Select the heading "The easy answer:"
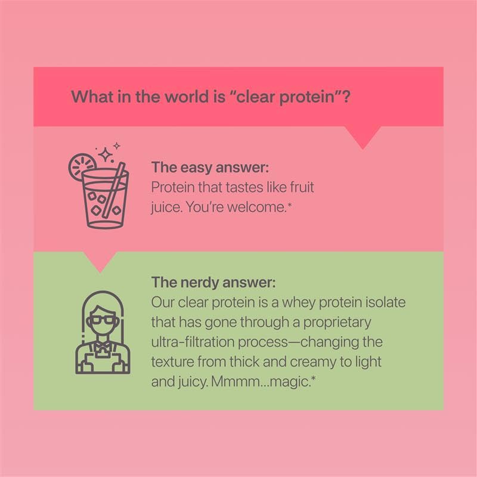pyautogui.click(x=202, y=168)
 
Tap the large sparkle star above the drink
pyautogui.click(x=106, y=155)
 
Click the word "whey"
pyautogui.click(x=296, y=302)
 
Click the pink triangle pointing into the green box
pyautogui.click(x=100, y=261)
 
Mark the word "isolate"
pyautogui.click(x=386, y=302)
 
